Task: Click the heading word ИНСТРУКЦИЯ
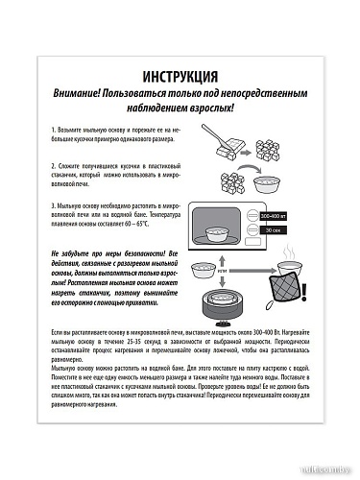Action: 180,76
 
